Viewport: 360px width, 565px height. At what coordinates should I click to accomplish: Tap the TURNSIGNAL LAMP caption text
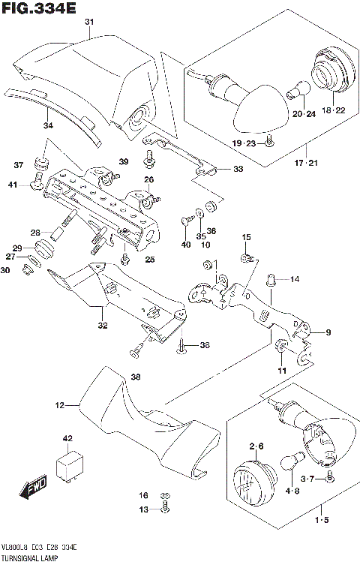tap(34, 559)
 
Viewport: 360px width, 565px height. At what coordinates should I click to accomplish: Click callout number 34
tap(48, 125)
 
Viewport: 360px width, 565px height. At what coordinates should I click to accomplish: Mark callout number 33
tap(238, 170)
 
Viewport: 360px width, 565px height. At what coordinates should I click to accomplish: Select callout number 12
tap(59, 406)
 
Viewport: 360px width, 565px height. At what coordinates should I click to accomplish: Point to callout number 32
tap(102, 326)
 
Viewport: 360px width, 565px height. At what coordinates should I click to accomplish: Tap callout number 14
tap(295, 279)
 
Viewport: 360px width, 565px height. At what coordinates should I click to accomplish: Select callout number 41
tap(34, 185)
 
